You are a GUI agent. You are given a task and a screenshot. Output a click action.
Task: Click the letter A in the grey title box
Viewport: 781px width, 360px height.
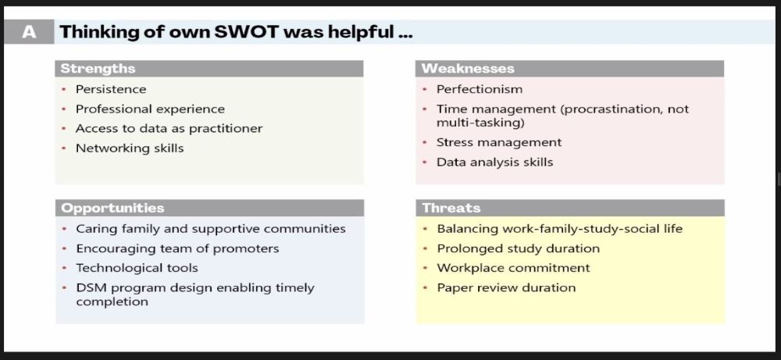[x=29, y=33]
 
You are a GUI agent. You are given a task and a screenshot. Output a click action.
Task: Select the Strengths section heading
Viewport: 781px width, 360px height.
[x=98, y=69]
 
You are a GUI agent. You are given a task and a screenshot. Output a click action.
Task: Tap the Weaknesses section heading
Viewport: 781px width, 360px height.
[x=468, y=69]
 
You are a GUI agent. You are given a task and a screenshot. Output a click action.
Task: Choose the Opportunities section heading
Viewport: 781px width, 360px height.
[x=112, y=209]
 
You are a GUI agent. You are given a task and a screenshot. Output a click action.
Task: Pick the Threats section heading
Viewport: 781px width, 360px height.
[x=451, y=209]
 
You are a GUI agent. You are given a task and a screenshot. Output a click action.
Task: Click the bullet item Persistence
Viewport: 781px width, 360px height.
[x=111, y=90]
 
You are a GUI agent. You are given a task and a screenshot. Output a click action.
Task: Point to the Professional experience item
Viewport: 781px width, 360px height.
[x=150, y=109]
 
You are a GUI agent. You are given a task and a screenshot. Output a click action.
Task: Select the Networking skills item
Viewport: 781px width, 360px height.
[x=130, y=148]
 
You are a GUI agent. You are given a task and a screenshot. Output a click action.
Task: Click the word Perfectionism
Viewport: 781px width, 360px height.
[x=480, y=90]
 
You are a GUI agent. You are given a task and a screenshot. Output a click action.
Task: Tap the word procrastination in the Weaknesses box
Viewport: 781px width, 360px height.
[x=608, y=109]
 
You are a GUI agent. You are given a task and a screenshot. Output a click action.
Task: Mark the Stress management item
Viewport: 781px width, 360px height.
[x=499, y=142]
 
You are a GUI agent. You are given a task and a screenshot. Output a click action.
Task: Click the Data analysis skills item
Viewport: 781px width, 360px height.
[x=494, y=162]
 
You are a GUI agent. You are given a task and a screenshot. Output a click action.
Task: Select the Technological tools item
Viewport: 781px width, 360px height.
[x=137, y=268]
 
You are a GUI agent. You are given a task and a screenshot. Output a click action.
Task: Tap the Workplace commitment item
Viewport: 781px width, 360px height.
[x=514, y=268]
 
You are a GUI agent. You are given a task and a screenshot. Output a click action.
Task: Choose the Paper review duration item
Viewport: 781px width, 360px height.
[x=506, y=288]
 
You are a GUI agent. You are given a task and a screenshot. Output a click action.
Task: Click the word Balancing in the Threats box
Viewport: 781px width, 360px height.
[x=467, y=229]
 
